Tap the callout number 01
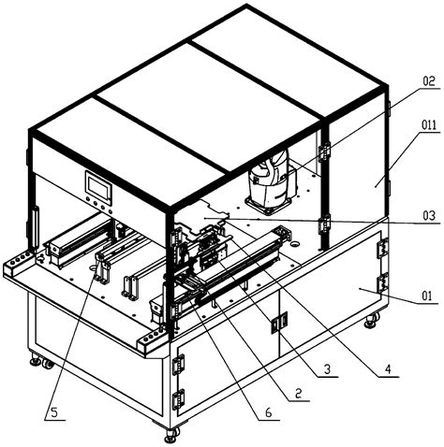click(427, 298)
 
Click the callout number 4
click(386, 368)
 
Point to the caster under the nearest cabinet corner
click(170, 434)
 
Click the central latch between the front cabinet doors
click(275, 324)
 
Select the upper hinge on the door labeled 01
click(381, 250)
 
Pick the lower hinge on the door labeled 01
click(381, 281)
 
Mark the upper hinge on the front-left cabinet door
click(179, 358)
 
